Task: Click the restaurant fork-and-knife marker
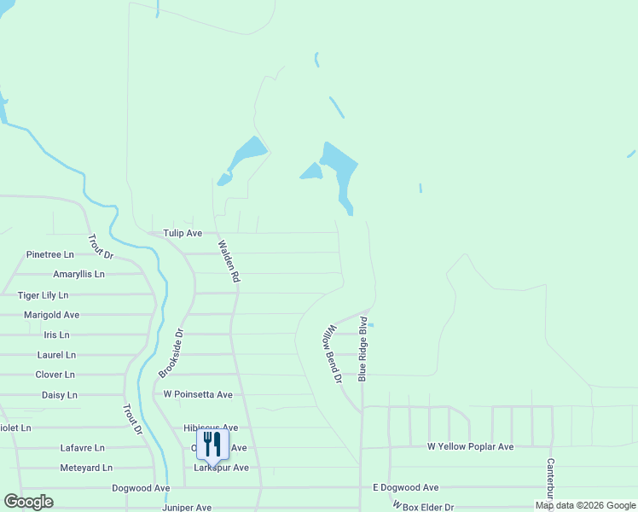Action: pos(212,444)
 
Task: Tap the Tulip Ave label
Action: pos(183,233)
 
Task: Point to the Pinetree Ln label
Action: pos(50,254)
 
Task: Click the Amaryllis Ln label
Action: pos(78,274)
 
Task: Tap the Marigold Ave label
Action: pos(51,315)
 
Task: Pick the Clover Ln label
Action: pos(55,375)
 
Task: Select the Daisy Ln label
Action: pos(60,395)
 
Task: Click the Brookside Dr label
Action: pos(171,354)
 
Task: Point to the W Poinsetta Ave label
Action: pos(198,395)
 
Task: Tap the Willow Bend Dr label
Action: pos(332,352)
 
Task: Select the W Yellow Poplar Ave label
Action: pos(470,446)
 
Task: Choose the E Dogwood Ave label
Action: pos(405,487)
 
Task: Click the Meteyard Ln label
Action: pos(86,468)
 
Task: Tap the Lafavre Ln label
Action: pos(82,447)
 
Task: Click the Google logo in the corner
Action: pos(28,502)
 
